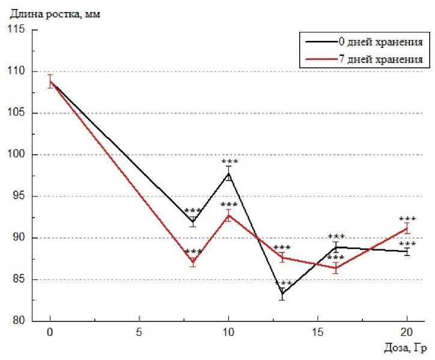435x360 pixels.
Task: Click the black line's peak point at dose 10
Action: point(228,174)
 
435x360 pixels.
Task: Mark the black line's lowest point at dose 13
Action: point(282,293)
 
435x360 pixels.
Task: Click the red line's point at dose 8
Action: point(193,261)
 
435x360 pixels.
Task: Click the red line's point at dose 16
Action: point(336,268)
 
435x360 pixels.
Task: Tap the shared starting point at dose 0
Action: point(50,81)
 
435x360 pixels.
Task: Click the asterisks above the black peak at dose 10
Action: point(230,162)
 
